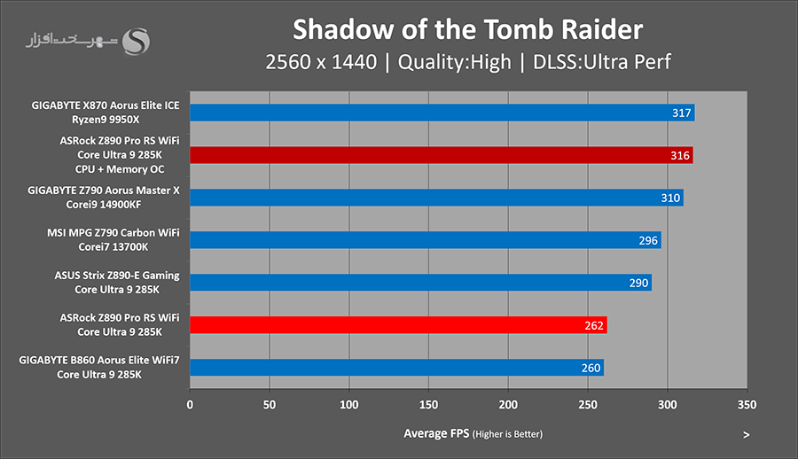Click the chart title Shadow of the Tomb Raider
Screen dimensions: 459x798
point(467,29)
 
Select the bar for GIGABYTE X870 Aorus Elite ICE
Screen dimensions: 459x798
point(442,113)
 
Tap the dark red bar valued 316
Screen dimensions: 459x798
point(441,155)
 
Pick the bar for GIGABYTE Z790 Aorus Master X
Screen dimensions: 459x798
point(436,198)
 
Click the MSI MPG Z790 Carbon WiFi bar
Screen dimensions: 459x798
point(425,240)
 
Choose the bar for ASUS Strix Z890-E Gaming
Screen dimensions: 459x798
point(420,283)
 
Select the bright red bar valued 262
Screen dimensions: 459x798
point(398,325)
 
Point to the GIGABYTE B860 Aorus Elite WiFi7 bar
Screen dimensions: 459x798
point(396,368)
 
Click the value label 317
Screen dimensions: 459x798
point(682,113)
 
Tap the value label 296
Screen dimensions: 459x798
point(648,240)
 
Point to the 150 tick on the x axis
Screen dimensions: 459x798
point(429,405)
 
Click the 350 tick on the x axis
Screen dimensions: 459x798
point(747,405)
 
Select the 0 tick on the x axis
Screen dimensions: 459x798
point(190,405)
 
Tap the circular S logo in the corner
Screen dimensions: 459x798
point(137,42)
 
